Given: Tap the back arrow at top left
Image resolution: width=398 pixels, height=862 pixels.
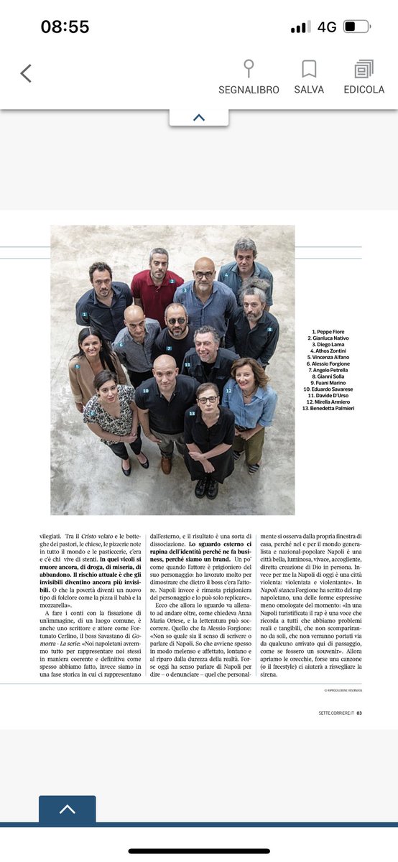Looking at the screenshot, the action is (26, 73).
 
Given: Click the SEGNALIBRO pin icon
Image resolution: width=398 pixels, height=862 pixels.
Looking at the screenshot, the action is (249, 69).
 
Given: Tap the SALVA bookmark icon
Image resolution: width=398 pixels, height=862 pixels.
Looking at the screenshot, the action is (309, 69).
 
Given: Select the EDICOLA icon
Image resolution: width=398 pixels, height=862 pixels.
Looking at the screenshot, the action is (364, 69).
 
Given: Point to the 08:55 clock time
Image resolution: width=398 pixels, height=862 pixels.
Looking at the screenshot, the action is (65, 27).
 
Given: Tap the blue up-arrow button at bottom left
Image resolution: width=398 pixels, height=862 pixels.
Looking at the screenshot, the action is (67, 809).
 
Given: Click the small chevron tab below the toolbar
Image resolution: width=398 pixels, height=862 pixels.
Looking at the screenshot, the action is (199, 117).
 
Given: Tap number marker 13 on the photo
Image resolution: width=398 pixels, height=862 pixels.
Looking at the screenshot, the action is (192, 414).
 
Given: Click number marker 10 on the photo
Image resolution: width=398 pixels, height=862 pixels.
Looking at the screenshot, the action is (145, 391).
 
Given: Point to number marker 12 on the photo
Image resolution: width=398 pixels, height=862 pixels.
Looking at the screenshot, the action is (228, 391).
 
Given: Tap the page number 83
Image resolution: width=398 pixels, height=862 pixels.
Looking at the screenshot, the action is (358, 713).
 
